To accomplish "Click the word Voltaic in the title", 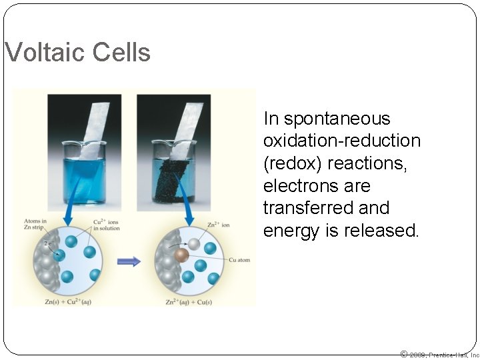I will [x=43, y=53].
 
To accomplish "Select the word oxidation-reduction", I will [x=342, y=141].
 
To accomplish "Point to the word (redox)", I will [x=294, y=163].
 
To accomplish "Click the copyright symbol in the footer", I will [x=403, y=354].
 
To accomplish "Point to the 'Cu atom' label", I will [x=239, y=260].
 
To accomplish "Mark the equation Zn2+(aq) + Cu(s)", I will [x=189, y=302].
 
